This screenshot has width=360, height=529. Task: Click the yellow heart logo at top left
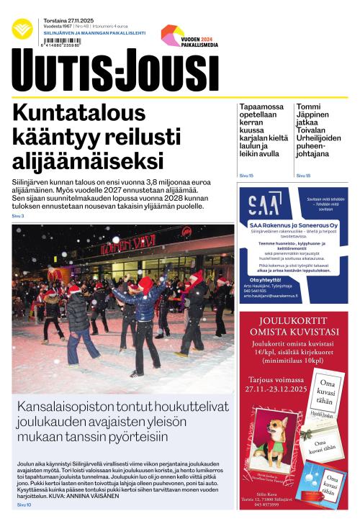pos(22,29)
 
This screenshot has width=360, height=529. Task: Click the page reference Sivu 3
pos(17,216)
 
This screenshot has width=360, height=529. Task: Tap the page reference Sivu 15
pos(246,176)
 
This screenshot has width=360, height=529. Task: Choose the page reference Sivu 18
pos(303,176)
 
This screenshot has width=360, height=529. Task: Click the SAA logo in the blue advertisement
pos(265,204)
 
